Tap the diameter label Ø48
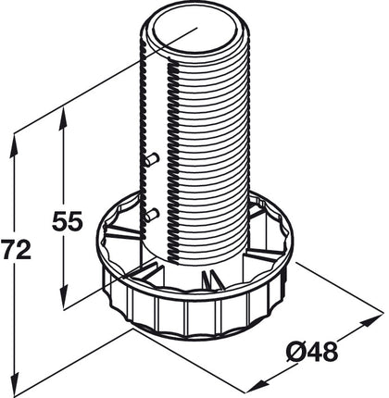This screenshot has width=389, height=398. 309,352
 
